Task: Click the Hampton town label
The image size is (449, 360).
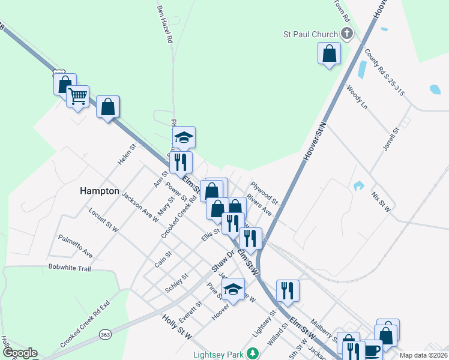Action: click(99, 191)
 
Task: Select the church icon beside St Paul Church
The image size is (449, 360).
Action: click(347, 34)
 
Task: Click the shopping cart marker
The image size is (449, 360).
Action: click(77, 96)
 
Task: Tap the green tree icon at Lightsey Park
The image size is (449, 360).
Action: click(253, 353)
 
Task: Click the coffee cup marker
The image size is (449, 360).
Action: click(372, 350)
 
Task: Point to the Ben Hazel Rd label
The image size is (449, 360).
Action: click(164, 25)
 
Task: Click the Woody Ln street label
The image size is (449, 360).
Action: click(357, 97)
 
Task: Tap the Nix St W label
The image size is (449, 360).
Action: click(381, 202)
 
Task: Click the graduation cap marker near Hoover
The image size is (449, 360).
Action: click(233, 289)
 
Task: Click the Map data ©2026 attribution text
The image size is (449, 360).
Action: click(423, 355)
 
